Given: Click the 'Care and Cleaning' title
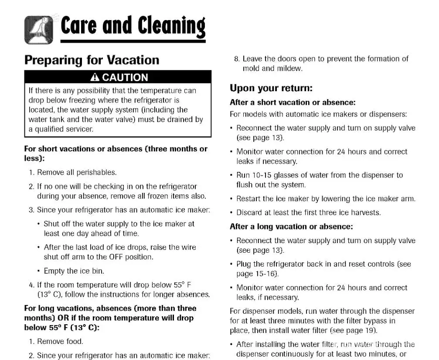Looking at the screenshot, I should coord(133,26).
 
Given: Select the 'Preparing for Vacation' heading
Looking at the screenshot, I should coord(92,60).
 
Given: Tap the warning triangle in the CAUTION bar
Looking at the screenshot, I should coord(95,78).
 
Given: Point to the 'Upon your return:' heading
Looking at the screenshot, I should coord(271,88).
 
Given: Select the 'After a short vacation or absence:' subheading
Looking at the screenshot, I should coord(293,103).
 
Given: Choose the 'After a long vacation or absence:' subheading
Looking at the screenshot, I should coord(291,226).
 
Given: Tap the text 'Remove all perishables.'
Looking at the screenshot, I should coord(77,172).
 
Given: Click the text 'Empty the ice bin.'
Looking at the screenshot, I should coord(74,271).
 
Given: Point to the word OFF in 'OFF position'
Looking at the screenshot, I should coord(116,257).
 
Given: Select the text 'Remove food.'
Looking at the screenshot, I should coord(60,341).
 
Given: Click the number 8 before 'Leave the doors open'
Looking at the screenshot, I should coord(237,59).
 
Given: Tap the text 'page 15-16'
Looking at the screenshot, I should coord(256,274).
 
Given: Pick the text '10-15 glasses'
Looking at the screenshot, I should coord(273,175).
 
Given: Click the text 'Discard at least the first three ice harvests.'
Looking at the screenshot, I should coord(308,213).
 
